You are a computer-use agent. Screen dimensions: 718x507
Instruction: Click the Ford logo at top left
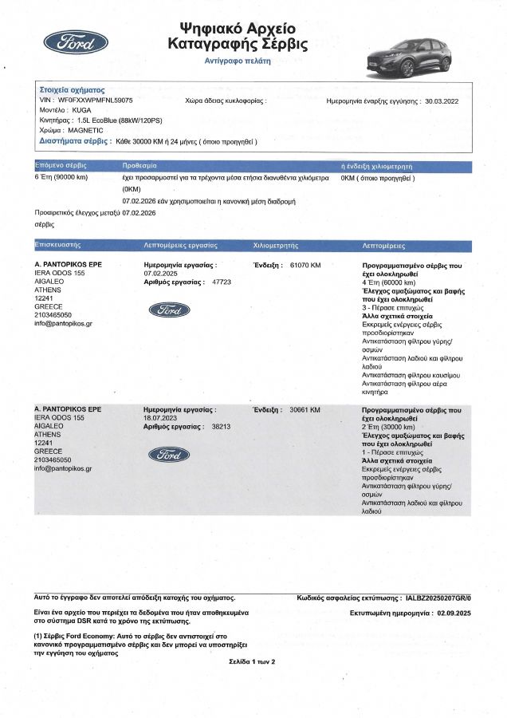(x=76, y=41)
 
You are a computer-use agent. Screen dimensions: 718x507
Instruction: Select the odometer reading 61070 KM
(x=305, y=264)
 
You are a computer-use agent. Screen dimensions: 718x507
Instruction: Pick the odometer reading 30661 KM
(x=305, y=409)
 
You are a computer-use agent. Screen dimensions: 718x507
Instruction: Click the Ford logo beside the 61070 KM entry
(x=169, y=310)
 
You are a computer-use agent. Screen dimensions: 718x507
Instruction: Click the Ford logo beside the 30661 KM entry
(x=169, y=455)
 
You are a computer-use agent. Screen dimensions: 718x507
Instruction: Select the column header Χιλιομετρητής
(x=275, y=245)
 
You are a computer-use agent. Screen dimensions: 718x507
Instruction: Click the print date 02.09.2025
(x=454, y=613)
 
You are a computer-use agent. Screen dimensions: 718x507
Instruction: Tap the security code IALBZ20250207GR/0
(x=438, y=597)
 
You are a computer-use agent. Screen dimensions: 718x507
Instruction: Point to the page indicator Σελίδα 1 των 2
(x=246, y=661)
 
